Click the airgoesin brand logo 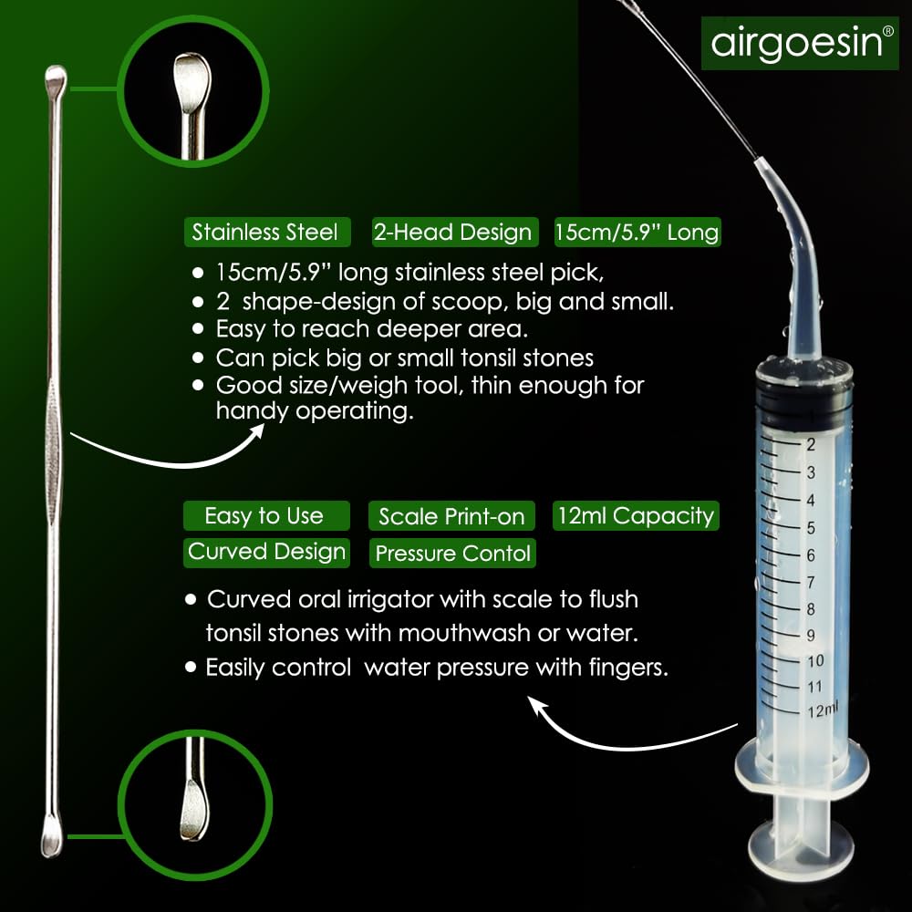pos(800,43)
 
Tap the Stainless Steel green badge pos(267,232)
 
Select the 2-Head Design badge pos(455,232)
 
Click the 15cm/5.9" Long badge pos(637,232)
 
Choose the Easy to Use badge pos(266,516)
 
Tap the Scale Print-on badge pos(451,516)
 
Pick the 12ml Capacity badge pos(636,516)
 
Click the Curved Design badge pos(266,553)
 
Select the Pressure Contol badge pos(452,553)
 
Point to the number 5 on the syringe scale pos(811,528)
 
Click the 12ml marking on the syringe pos(823,710)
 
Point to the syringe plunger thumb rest pos(802,847)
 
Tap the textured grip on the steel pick pos(53,453)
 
